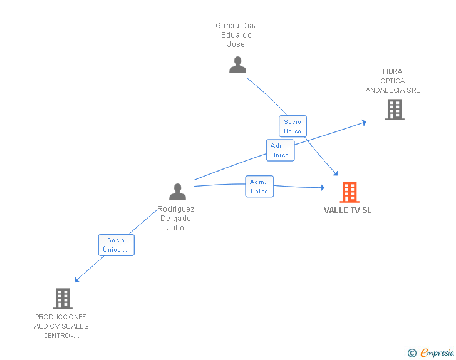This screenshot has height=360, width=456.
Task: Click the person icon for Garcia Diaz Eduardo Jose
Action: tap(237, 65)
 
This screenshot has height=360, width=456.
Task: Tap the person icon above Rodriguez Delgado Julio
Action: tap(177, 192)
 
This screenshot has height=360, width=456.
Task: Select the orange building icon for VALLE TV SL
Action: tap(350, 192)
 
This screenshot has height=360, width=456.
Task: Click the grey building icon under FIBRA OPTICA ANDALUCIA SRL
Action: tap(395, 110)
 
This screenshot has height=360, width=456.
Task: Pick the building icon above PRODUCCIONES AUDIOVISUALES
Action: tap(63, 299)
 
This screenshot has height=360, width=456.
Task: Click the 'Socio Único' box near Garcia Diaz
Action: tap(293, 126)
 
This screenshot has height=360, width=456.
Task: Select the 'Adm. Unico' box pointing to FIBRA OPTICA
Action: tap(280, 150)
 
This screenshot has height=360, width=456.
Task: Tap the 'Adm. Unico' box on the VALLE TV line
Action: tap(259, 187)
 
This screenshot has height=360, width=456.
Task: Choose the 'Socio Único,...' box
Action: tap(116, 245)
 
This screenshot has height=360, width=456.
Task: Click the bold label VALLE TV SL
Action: tap(348, 210)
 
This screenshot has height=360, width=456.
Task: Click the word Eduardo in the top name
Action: tap(236, 35)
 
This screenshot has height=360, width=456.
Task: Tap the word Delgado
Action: tap(175, 219)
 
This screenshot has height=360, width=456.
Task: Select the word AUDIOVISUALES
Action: tap(61, 326)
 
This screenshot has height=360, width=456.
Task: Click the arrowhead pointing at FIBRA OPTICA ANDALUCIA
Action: tap(363, 123)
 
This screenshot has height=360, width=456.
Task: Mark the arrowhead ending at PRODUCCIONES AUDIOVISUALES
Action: tap(77, 279)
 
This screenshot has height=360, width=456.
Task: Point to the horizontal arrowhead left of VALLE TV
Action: tap(323, 188)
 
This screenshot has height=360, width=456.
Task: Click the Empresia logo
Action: tap(437, 353)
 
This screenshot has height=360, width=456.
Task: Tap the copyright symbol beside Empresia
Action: tap(412, 353)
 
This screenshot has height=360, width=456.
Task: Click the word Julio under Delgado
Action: tap(175, 228)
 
